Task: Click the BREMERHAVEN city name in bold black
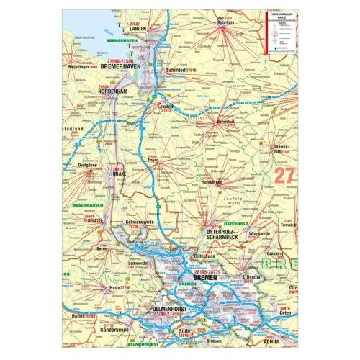click(x=128, y=69)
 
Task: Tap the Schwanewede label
click(x=140, y=223)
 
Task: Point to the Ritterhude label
click(x=205, y=256)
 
